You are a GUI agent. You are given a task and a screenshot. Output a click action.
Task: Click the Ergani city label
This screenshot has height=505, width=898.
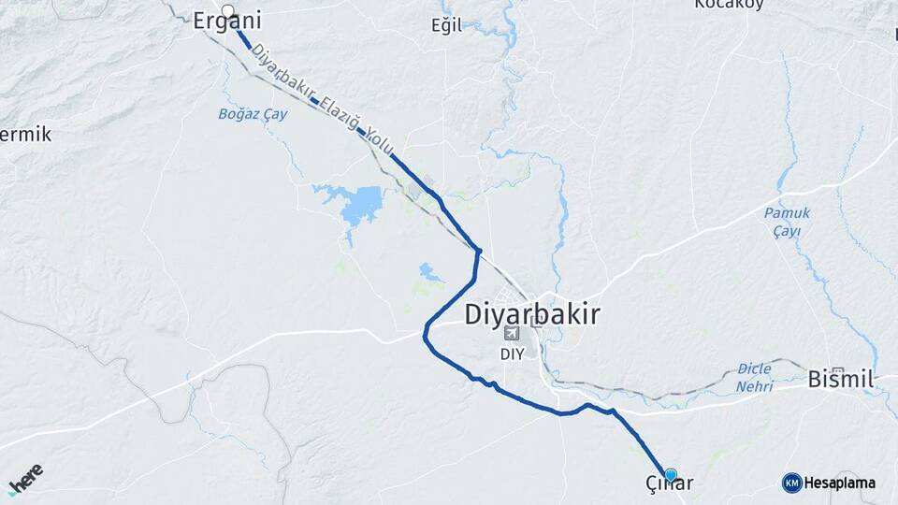click(226, 22)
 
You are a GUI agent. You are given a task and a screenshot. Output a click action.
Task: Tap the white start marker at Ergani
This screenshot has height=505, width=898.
click(227, 10)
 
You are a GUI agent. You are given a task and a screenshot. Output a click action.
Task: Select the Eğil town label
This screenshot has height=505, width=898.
click(446, 25)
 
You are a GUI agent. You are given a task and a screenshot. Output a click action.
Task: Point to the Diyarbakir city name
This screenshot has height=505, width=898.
click(532, 314)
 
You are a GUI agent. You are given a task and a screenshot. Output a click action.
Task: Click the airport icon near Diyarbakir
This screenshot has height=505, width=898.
click(511, 334)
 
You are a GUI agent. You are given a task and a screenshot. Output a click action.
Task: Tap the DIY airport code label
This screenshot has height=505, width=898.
click(512, 353)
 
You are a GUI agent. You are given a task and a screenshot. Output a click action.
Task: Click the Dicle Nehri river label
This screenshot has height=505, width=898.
click(754, 377)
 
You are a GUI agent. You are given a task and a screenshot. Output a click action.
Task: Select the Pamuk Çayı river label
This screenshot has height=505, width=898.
click(786, 222)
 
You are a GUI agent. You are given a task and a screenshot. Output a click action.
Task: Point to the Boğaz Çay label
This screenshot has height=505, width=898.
click(252, 114)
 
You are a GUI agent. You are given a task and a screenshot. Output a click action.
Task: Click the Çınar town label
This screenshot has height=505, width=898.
click(669, 483)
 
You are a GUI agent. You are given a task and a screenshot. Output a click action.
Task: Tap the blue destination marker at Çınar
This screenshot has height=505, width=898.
click(670, 474)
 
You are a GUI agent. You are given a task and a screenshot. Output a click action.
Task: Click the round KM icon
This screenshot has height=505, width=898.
click(791, 483)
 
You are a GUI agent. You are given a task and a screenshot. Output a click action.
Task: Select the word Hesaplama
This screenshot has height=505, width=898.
click(839, 483)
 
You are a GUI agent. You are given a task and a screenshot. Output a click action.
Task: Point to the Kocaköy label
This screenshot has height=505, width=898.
click(729, 5)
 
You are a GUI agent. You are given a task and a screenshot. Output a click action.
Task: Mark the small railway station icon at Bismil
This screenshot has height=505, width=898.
click(838, 370)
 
